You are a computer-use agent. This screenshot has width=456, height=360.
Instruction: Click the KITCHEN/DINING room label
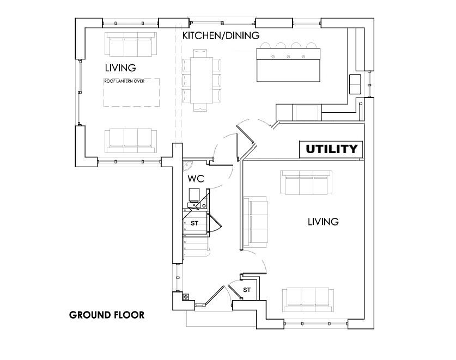[220, 36]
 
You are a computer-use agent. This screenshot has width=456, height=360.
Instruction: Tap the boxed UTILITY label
[331, 149]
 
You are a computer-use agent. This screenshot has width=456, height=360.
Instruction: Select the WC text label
[196, 178]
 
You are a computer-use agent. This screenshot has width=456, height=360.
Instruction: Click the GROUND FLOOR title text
[107, 315]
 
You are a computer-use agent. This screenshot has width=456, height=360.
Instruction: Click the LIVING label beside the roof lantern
[120, 68]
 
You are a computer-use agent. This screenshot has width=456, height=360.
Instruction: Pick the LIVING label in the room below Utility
[323, 222]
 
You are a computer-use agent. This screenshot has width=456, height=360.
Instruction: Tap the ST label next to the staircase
[193, 223]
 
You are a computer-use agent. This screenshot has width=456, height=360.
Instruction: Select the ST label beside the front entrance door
[247, 289]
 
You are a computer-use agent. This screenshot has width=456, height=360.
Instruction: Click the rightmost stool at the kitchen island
[310, 46]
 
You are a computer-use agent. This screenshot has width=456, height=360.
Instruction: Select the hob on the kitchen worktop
[308, 112]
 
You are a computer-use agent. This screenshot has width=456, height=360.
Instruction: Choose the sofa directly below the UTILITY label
[306, 181]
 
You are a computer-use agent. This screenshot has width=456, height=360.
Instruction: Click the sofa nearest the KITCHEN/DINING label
[130, 44]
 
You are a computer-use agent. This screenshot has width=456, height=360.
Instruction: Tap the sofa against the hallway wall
[256, 221]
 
